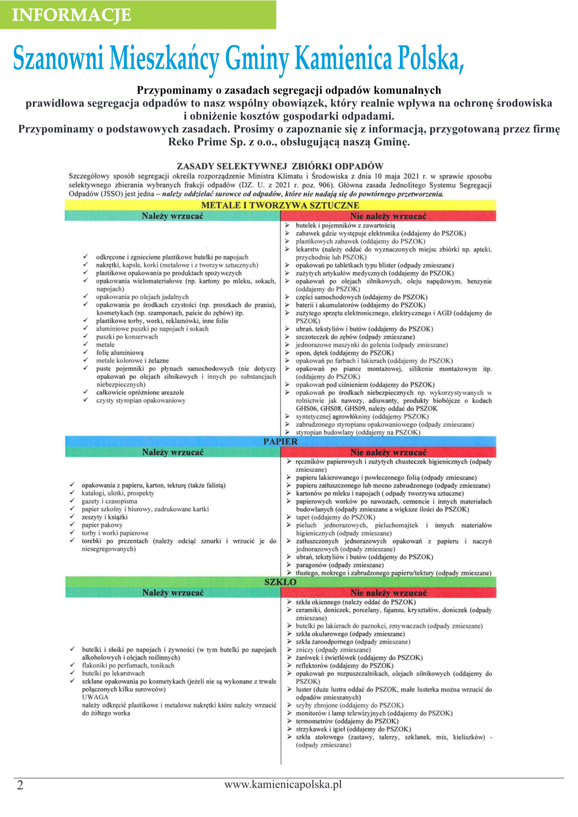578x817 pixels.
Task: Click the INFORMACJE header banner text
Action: [x=72, y=15]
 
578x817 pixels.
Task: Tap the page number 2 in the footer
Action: [x=20, y=785]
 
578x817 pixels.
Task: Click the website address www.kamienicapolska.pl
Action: [x=283, y=784]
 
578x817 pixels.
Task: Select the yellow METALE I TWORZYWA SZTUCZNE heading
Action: [x=280, y=205]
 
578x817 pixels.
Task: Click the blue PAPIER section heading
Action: [x=280, y=441]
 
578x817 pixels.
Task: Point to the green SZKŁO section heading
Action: [x=280, y=582]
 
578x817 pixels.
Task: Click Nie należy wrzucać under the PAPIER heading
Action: [x=388, y=452]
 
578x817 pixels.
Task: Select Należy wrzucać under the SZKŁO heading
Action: [x=173, y=593]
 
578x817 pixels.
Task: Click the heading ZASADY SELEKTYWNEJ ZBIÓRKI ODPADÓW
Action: [x=280, y=166]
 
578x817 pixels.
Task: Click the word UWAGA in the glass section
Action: [x=95, y=697]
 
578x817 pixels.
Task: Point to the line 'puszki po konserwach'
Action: [x=127, y=337]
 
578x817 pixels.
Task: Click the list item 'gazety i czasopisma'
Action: [x=109, y=501]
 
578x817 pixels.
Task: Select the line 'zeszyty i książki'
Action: [x=105, y=517]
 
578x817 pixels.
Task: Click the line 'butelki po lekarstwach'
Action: [x=113, y=673]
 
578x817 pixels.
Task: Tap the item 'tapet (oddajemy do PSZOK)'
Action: [x=335, y=517]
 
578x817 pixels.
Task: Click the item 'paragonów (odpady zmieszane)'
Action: [x=339, y=565]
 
